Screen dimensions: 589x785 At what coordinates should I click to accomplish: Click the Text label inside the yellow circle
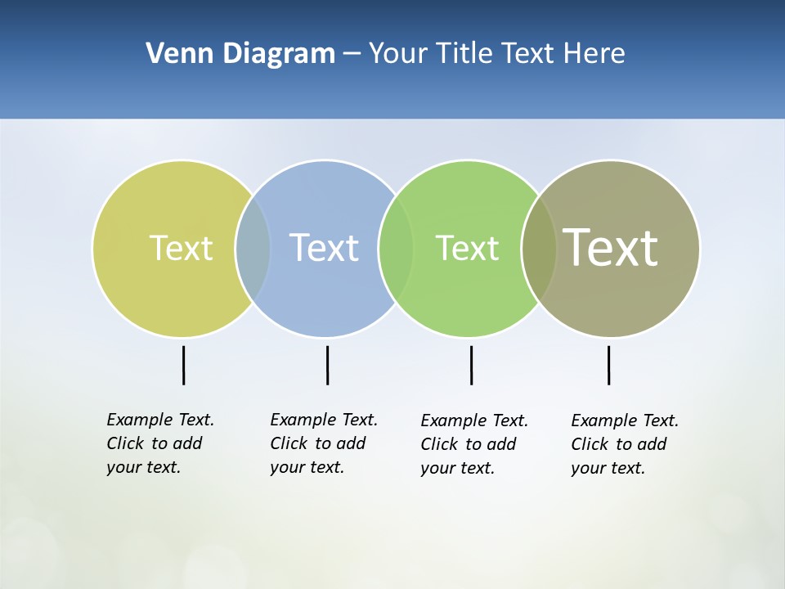point(181,248)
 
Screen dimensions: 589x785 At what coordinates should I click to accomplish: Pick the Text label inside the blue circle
point(324,248)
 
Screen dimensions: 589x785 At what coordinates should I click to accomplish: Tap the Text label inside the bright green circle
point(467,248)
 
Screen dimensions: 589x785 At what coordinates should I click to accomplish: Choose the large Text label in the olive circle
point(611,248)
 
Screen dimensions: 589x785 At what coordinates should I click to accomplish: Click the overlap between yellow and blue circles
point(253,248)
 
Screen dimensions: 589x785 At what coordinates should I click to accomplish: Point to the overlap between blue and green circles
point(396,248)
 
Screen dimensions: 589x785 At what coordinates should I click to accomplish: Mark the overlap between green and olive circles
point(539,248)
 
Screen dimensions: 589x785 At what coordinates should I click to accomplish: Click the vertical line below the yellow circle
point(183,365)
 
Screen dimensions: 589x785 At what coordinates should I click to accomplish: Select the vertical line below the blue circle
point(327,365)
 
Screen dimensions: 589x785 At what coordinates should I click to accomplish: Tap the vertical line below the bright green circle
point(471,365)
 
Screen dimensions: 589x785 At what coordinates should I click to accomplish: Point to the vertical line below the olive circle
point(608,365)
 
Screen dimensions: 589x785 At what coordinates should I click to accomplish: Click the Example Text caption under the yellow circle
point(160,443)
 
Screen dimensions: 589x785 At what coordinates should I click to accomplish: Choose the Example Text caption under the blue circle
point(324,443)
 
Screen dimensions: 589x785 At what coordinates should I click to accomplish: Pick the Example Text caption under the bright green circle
point(474,444)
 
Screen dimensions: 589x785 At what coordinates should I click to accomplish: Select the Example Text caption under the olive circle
point(625,444)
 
